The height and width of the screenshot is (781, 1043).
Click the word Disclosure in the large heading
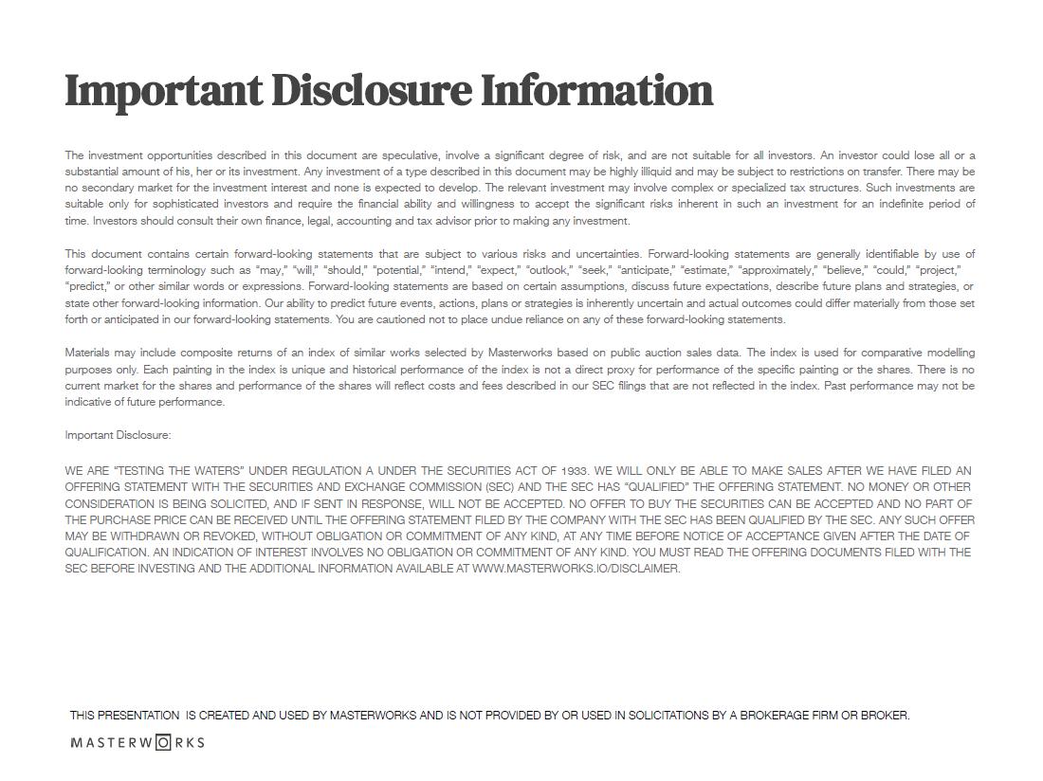[x=371, y=91]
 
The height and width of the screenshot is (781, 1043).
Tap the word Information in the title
[x=596, y=91]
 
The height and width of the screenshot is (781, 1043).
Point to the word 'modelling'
[x=950, y=353]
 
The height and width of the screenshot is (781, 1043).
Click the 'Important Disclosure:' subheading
[x=118, y=435]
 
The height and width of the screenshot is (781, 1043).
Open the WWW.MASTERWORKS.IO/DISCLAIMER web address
[x=576, y=569]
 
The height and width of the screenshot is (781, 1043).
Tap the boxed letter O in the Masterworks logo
[x=163, y=742]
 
